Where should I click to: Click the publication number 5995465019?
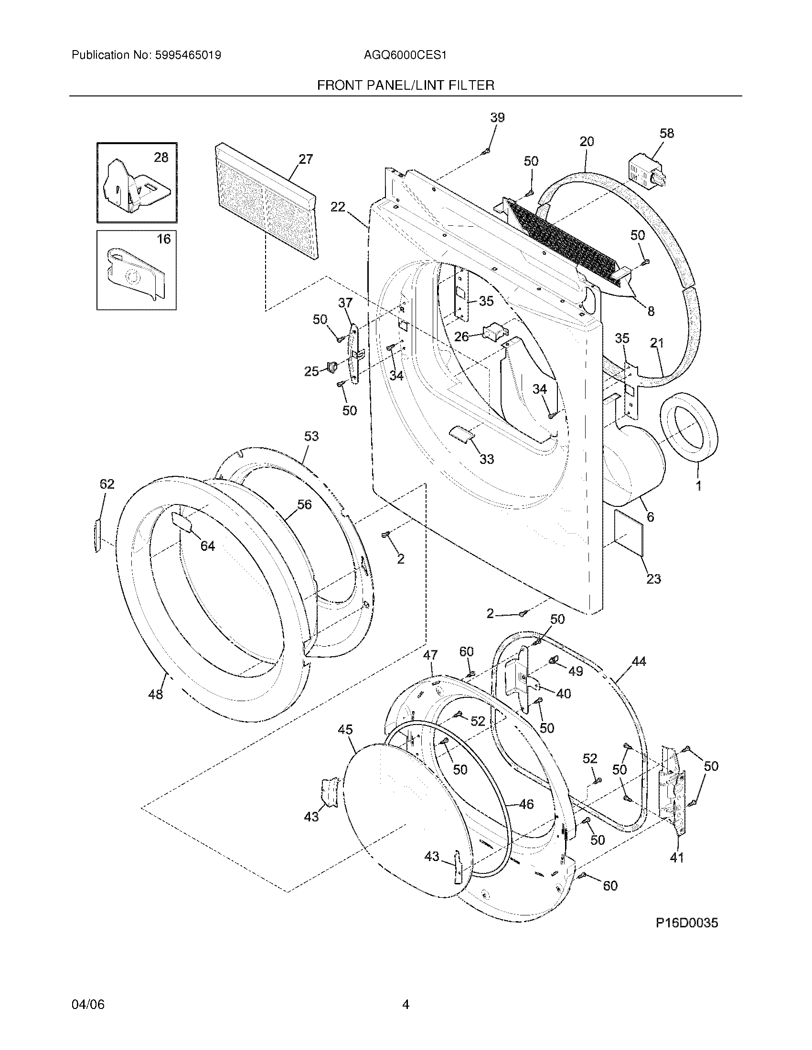point(188,55)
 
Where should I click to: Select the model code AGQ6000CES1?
point(405,55)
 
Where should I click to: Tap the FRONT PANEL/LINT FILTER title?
point(406,85)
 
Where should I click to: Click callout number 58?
point(667,133)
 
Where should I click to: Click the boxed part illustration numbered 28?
point(136,183)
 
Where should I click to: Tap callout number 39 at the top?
point(497,117)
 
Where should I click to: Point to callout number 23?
point(653,579)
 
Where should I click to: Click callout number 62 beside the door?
point(107,484)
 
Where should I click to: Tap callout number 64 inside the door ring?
point(207,546)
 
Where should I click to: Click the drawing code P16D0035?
point(686,923)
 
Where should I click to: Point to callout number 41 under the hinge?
point(676,858)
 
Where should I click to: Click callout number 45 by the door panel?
point(345,730)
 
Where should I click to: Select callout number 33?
point(487,459)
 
